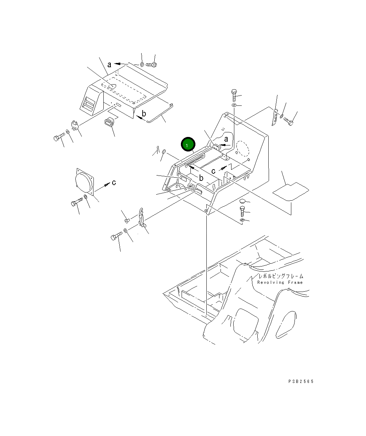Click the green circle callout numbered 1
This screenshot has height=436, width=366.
click(x=188, y=144)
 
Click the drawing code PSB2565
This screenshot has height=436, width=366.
click(x=301, y=381)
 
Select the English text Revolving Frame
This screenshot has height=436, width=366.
click(x=280, y=282)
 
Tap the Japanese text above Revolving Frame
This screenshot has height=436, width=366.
click(x=281, y=276)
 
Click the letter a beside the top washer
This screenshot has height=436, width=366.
click(x=109, y=65)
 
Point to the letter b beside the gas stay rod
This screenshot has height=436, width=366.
click(x=144, y=114)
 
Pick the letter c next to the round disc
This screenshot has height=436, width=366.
click(x=114, y=183)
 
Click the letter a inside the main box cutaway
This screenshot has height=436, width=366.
click(x=226, y=139)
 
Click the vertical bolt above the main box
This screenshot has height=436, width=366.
click(x=234, y=96)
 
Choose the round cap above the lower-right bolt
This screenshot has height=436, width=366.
click(x=242, y=201)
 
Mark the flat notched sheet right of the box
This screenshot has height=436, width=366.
click(x=291, y=191)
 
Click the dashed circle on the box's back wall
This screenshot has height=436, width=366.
click(x=243, y=149)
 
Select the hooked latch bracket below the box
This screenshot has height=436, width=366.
click(x=142, y=217)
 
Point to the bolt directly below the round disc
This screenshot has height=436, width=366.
click(x=77, y=202)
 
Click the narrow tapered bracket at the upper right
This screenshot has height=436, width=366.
click(x=275, y=117)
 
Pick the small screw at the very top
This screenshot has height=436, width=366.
click(x=151, y=65)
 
